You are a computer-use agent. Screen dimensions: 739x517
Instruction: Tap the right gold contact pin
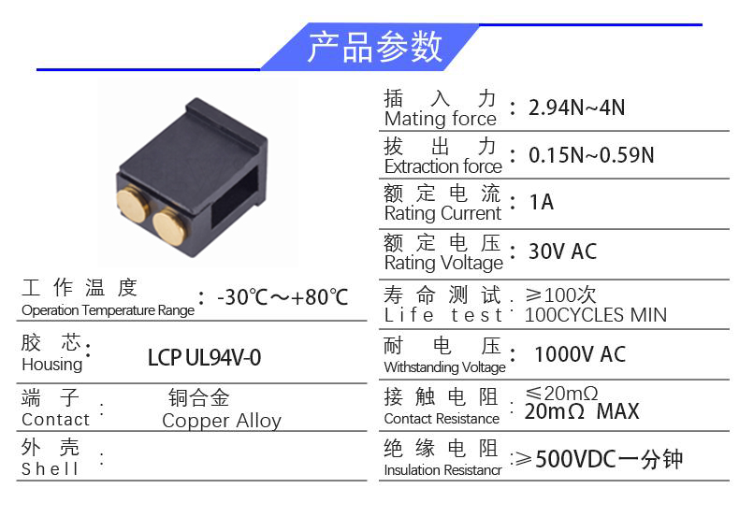point(169,226)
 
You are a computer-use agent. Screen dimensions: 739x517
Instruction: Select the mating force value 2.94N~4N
point(576,108)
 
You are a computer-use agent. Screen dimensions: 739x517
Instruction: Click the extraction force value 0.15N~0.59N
point(591,155)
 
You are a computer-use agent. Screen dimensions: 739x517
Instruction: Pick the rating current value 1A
point(541,203)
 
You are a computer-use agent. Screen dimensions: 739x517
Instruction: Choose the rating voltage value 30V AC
point(562,251)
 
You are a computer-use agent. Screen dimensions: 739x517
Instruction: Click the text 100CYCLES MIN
point(595,315)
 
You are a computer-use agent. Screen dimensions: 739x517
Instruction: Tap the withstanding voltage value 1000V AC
point(580,354)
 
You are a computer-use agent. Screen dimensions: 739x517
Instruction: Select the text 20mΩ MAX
point(582,411)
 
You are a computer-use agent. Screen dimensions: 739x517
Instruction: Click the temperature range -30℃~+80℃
point(283,297)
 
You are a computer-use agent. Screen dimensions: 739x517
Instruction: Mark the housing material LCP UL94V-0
point(204,358)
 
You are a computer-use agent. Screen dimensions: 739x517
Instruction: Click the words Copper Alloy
point(222,421)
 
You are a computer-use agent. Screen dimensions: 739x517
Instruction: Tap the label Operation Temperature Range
point(108,310)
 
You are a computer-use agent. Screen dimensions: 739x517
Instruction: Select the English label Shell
point(50,468)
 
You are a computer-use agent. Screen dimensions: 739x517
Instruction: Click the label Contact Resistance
point(442,419)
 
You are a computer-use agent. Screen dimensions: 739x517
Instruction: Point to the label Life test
point(443,315)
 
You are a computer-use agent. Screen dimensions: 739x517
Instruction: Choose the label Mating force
point(441,119)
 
